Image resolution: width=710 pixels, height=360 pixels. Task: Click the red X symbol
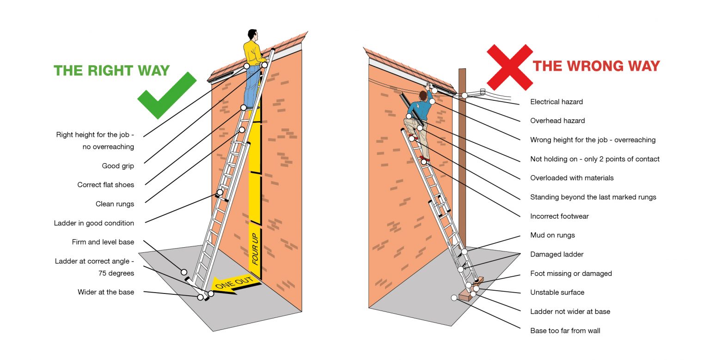point(509,67)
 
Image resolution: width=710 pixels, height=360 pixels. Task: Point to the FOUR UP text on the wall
point(255,249)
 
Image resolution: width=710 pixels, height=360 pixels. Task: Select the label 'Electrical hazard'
point(556,102)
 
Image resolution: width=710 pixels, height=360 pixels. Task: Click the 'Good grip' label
point(118,166)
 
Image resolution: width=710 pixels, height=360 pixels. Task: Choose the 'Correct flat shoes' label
point(105,185)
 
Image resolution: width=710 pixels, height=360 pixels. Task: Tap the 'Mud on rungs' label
point(552,235)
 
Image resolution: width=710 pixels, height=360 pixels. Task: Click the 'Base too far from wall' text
point(565,330)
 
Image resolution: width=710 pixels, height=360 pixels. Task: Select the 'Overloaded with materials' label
point(572,178)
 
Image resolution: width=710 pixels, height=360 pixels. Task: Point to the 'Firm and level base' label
point(103,242)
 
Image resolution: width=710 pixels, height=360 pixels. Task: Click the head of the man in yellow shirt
point(252,35)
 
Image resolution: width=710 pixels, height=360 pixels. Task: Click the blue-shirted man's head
point(422,95)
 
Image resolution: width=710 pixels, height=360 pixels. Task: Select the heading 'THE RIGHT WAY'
point(111,71)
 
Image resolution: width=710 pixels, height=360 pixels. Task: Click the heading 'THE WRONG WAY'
point(596,66)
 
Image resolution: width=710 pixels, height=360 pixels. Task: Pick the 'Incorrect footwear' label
point(559,216)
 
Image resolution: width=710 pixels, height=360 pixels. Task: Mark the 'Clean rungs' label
point(115,204)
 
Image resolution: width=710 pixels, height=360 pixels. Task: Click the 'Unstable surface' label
point(557,293)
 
